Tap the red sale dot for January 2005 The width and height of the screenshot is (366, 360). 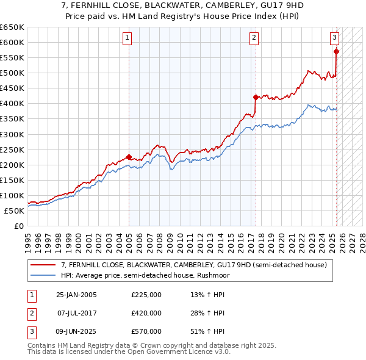point(129,156)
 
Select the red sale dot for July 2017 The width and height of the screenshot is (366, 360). point(256,97)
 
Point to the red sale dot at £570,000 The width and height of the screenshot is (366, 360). point(337,51)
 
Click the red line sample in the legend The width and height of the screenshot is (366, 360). point(43,265)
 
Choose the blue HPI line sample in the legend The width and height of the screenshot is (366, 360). point(43,275)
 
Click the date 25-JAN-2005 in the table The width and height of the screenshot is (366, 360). point(76,295)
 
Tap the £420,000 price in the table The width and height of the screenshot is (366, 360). point(146,313)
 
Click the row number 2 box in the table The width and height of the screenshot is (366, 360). point(31,313)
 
